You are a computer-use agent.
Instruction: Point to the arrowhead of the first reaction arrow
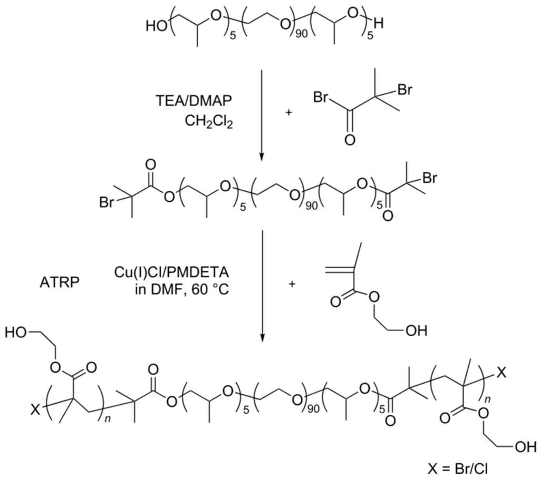(x=262, y=157)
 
